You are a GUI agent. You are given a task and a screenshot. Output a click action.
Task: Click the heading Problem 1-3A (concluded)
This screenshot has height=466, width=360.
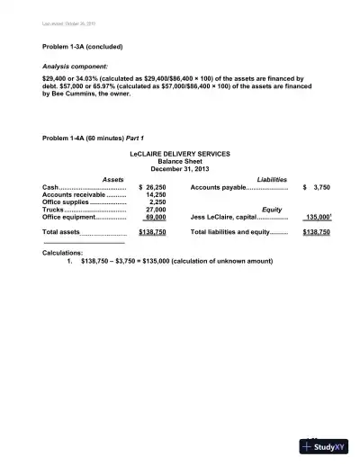[82, 46]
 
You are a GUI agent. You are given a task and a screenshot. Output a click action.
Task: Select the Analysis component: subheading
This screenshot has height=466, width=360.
[75, 67]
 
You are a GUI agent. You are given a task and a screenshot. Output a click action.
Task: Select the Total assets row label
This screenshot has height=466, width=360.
[61, 231]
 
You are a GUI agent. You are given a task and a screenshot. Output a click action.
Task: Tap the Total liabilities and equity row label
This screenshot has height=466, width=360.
[226, 231]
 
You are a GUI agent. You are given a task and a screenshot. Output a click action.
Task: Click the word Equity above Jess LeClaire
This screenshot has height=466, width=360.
[271, 209]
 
